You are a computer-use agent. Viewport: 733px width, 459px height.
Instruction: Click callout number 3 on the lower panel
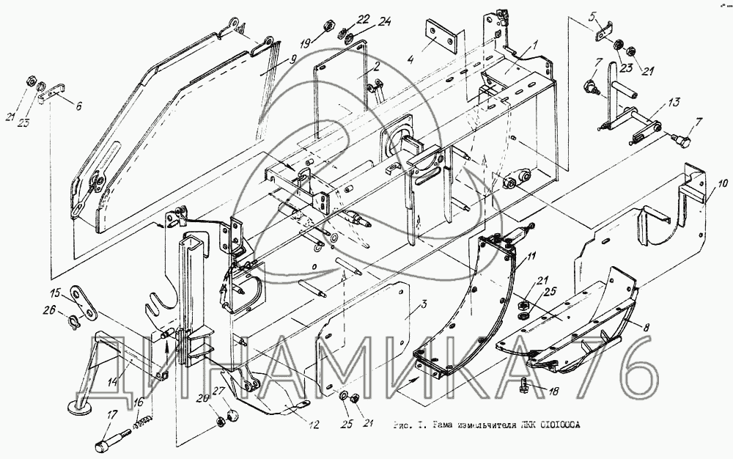click(x=423, y=304)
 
